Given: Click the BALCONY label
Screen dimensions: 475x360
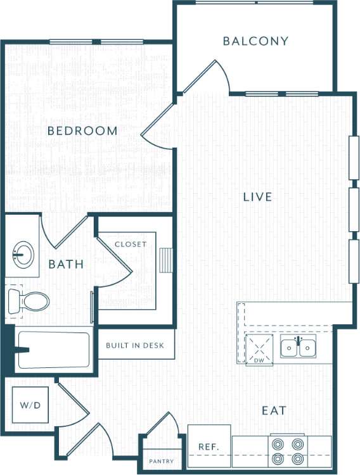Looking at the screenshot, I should tap(255, 41).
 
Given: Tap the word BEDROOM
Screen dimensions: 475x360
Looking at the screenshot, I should tap(83, 131).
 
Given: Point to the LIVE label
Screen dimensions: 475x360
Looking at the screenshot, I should tap(257, 197).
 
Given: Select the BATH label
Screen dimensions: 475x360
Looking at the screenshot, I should tap(66, 264).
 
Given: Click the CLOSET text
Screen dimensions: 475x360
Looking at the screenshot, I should tap(131, 244).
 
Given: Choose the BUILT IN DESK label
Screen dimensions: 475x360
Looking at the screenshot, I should tap(135, 345).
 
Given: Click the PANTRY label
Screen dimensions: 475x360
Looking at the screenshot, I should tap(161, 461).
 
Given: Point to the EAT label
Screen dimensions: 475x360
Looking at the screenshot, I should tap(274, 410).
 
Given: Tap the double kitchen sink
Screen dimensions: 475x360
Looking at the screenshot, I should tap(298, 348).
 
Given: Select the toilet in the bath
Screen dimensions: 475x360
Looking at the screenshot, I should tap(29, 301).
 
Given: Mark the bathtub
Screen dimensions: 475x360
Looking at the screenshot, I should tap(54, 349).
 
